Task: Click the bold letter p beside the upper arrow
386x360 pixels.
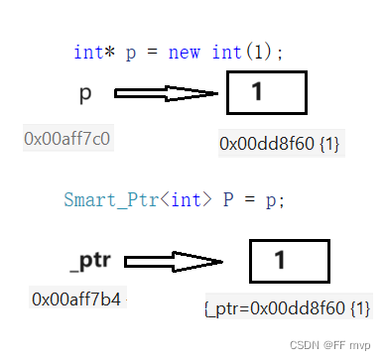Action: pyautogui.click(x=86, y=94)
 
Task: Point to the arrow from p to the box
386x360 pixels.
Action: pyautogui.click(x=166, y=94)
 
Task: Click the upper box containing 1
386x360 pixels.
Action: pyautogui.click(x=267, y=94)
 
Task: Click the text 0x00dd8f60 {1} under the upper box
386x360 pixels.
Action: pyautogui.click(x=280, y=144)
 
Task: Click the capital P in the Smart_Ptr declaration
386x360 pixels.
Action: pyautogui.click(x=227, y=198)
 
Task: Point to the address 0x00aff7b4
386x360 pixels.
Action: pyautogui.click(x=77, y=298)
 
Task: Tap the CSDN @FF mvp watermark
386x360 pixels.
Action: pyautogui.click(x=329, y=347)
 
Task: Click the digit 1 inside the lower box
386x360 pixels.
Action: pyautogui.click(x=280, y=261)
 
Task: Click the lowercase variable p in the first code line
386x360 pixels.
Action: pyautogui.click(x=130, y=54)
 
